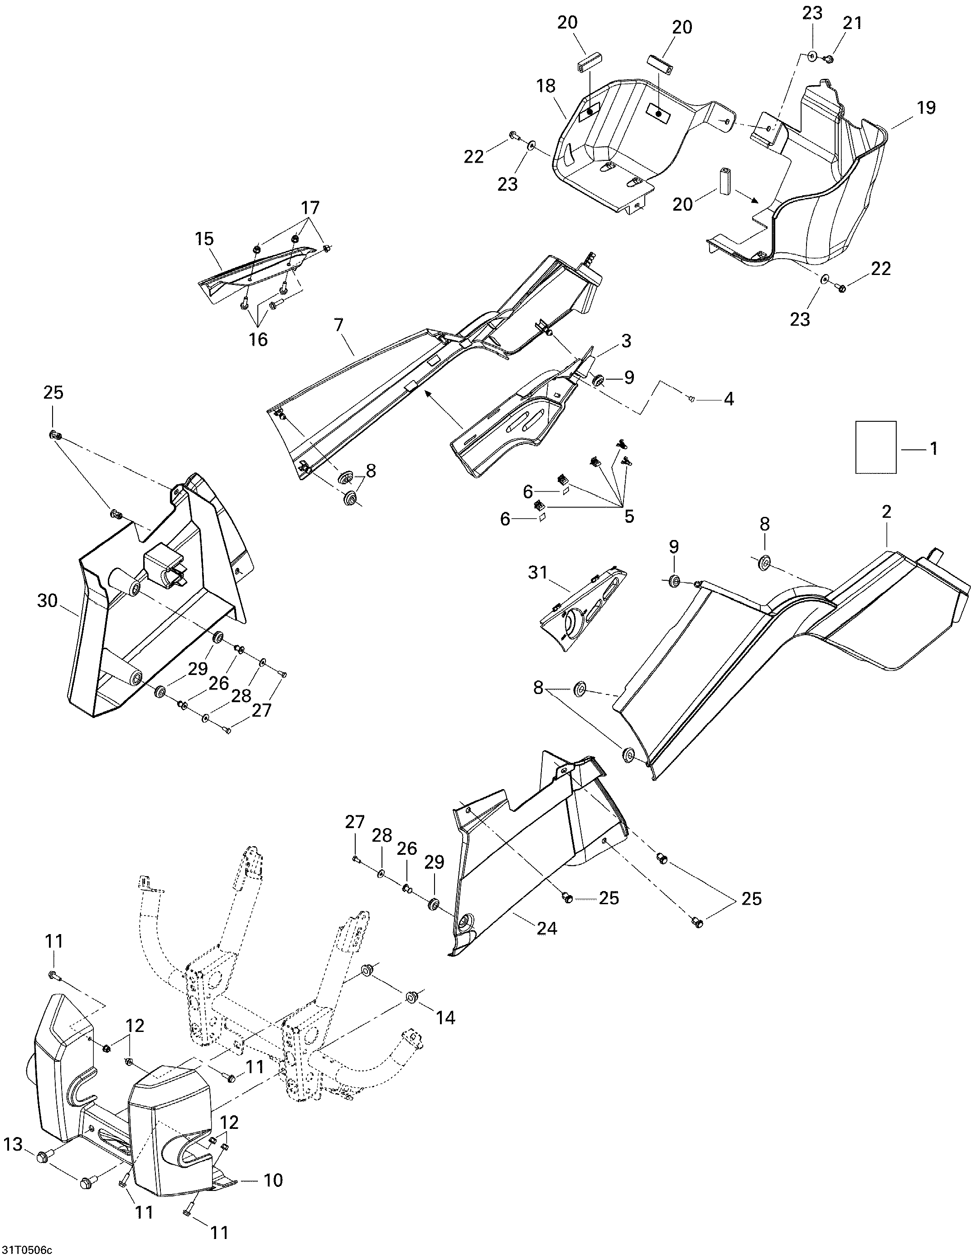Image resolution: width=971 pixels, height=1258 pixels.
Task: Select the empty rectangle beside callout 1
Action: point(875,447)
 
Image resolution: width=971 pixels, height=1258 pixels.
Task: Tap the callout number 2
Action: point(886,511)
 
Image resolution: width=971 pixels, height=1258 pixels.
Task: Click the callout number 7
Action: point(338,325)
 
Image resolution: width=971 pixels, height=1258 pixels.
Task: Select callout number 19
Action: point(927,108)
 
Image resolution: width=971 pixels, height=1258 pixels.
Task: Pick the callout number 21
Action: point(852,23)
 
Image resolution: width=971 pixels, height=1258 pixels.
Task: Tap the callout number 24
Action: point(546,929)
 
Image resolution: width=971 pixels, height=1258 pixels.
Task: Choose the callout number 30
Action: point(48,601)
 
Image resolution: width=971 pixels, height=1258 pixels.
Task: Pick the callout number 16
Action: point(258,339)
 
